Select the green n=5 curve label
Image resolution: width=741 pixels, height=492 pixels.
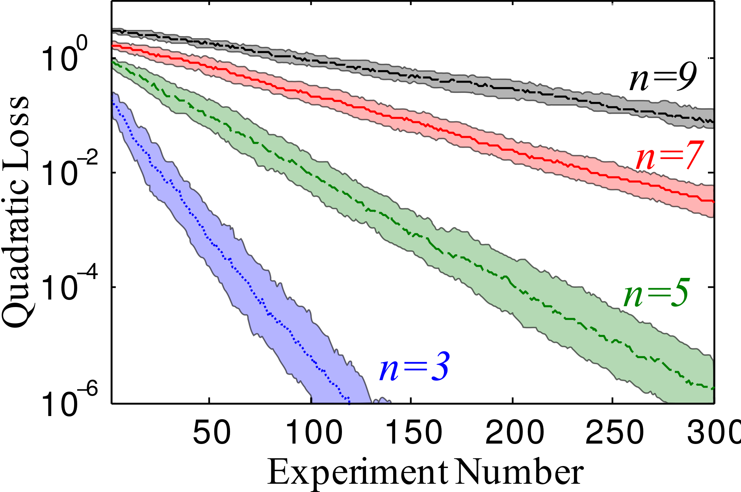[656, 295]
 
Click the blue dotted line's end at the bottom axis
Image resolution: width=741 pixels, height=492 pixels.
[349, 401]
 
